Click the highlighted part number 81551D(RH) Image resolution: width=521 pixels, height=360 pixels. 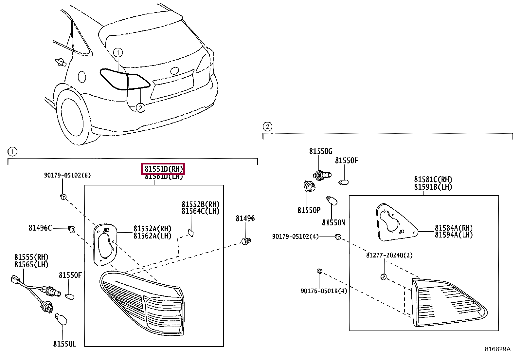[x=163, y=169]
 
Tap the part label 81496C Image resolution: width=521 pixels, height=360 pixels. [x=40, y=228]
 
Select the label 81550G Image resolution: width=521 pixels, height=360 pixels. [x=320, y=151]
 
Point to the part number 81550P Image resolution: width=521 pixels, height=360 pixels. [x=309, y=210]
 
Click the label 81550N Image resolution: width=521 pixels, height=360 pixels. [x=333, y=223]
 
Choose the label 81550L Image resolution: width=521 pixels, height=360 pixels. [x=64, y=344]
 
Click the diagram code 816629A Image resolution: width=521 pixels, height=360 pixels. [x=497, y=349]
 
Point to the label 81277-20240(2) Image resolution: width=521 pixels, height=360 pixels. [x=389, y=255]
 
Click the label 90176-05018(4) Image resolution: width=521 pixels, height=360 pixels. [x=324, y=291]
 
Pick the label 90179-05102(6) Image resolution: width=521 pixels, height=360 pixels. [x=67, y=176]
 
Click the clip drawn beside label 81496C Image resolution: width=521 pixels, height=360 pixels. [x=72, y=229]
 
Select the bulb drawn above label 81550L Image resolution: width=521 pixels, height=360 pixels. [x=61, y=319]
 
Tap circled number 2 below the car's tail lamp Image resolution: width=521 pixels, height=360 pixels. [x=140, y=107]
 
